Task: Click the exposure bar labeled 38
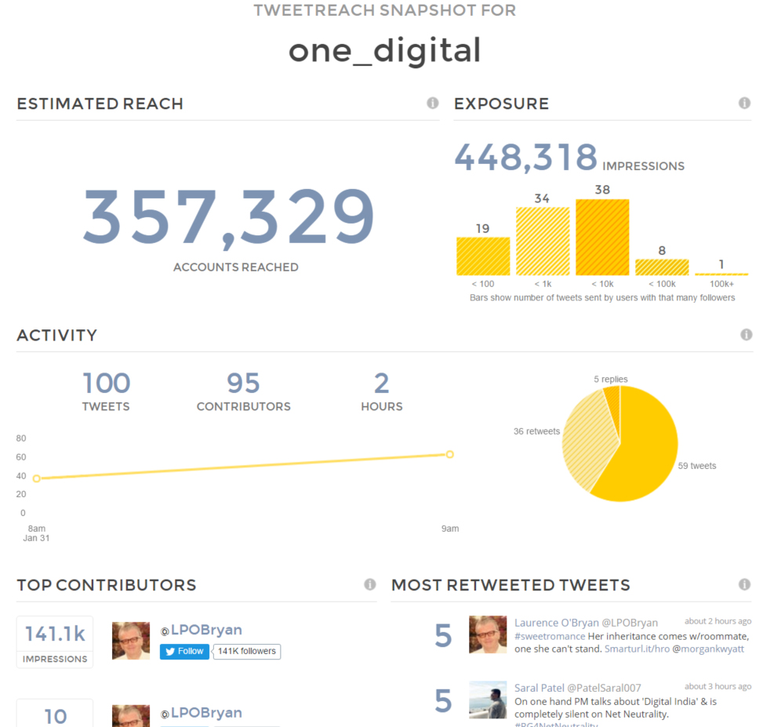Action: [602, 236]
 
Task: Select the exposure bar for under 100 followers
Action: [483, 256]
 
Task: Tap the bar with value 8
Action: [662, 267]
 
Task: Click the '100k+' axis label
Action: [721, 283]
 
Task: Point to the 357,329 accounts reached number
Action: [229, 217]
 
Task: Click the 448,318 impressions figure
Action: [525, 158]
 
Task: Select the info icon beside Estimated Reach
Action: [433, 104]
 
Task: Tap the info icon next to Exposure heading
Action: [744, 104]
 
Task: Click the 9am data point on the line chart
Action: [450, 454]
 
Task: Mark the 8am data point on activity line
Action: [36, 478]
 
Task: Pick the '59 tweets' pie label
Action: [696, 466]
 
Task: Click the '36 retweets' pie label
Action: [536, 431]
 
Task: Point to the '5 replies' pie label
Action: [611, 380]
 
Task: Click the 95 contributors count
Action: [243, 383]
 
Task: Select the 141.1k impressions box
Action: [55, 642]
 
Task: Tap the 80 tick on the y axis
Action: [21, 438]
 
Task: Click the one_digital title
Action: [384, 51]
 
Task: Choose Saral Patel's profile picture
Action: [488, 700]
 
